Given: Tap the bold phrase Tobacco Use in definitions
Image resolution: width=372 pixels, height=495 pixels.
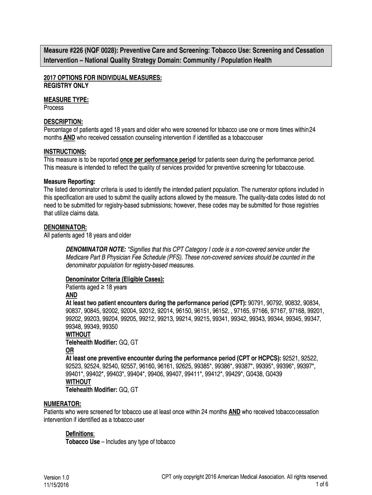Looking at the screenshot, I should tap(83, 442).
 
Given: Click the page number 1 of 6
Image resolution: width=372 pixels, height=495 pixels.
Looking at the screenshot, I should tap(321, 484).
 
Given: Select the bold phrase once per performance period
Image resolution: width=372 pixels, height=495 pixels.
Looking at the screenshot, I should tap(157, 160).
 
